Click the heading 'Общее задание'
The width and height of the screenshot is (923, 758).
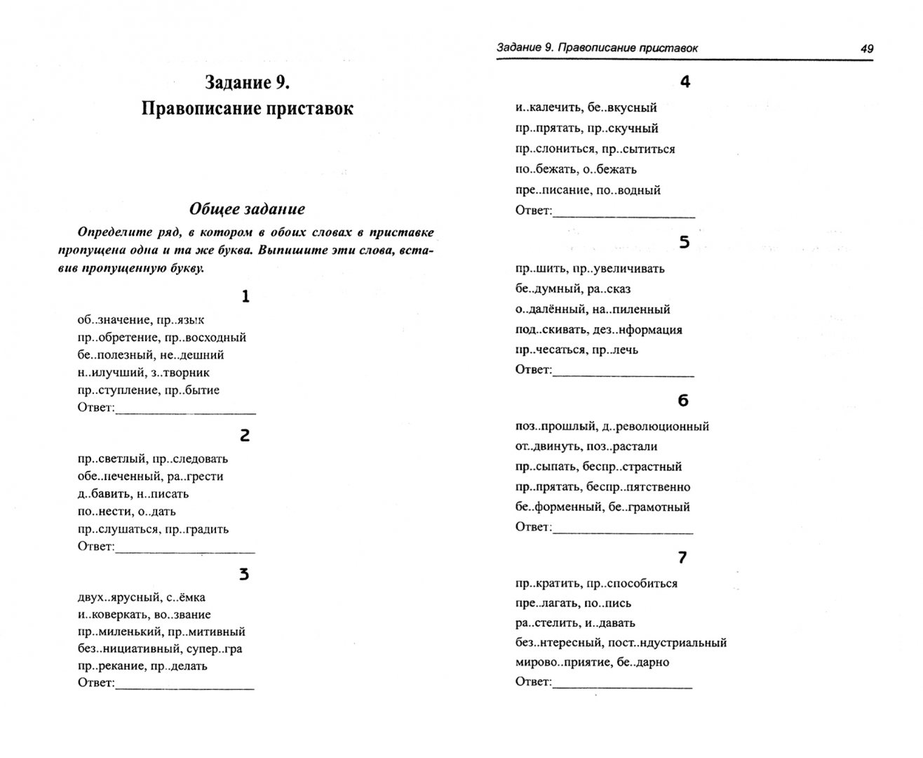tap(247, 209)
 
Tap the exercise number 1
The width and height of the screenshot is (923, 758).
tap(245, 297)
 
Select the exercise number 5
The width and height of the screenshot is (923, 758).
tap(685, 243)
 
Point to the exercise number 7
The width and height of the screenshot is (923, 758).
tap(682, 558)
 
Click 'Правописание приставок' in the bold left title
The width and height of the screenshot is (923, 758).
tap(247, 109)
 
